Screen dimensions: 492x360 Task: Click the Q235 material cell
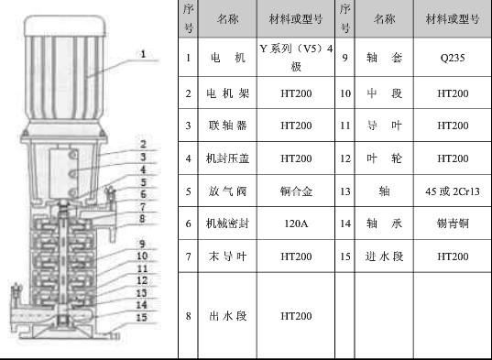[x=453, y=58]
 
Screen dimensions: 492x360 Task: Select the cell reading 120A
[x=296, y=224]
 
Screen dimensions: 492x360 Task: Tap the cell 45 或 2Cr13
[x=453, y=191]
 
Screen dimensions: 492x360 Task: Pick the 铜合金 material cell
[x=296, y=191]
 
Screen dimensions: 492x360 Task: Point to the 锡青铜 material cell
[x=453, y=224]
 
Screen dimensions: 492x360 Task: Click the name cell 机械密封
[x=227, y=224]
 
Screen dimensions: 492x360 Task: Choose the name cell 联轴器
[x=227, y=125]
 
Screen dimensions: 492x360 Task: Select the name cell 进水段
[x=384, y=256]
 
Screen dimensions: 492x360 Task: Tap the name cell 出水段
[x=227, y=316]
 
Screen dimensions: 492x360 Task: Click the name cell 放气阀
[x=227, y=191]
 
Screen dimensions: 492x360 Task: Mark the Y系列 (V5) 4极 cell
[x=296, y=58]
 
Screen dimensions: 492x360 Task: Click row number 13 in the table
[x=344, y=191]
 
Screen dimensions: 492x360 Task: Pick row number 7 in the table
[x=188, y=256]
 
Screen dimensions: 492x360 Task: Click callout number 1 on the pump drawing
[x=143, y=54]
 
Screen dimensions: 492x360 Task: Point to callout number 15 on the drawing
[x=141, y=317]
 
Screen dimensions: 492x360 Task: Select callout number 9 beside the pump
[x=142, y=244]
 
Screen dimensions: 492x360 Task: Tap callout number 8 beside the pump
[x=142, y=219]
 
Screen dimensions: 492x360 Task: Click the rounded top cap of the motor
[x=65, y=26]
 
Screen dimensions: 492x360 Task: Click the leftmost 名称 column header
[x=227, y=19]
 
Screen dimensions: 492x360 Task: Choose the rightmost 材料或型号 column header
[x=453, y=19]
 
